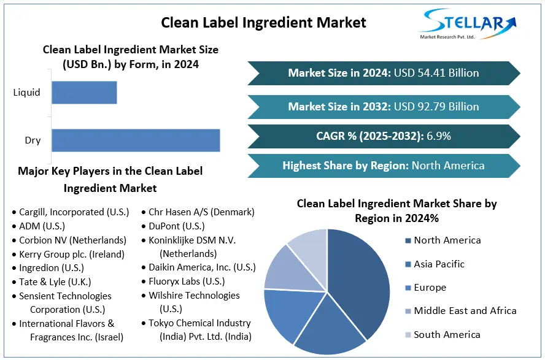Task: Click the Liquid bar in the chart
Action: tap(84, 93)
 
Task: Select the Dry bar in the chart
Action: tap(136, 140)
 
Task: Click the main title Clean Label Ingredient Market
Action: tap(263, 23)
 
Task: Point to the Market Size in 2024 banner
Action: tap(384, 73)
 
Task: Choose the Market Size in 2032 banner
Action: tap(384, 107)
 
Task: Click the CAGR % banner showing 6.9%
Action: tap(384, 136)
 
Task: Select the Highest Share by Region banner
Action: tap(384, 166)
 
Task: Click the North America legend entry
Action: tap(447, 240)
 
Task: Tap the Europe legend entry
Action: tap(430, 288)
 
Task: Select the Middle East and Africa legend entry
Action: tap(465, 311)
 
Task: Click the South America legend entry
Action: tap(446, 335)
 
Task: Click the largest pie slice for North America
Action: tap(362, 276)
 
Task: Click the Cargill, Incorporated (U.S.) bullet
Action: tap(74, 212)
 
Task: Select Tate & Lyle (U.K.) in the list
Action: tap(55, 282)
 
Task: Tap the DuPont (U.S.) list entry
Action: tap(177, 226)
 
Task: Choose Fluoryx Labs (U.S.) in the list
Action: tap(187, 282)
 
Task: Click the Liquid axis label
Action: tap(26, 93)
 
